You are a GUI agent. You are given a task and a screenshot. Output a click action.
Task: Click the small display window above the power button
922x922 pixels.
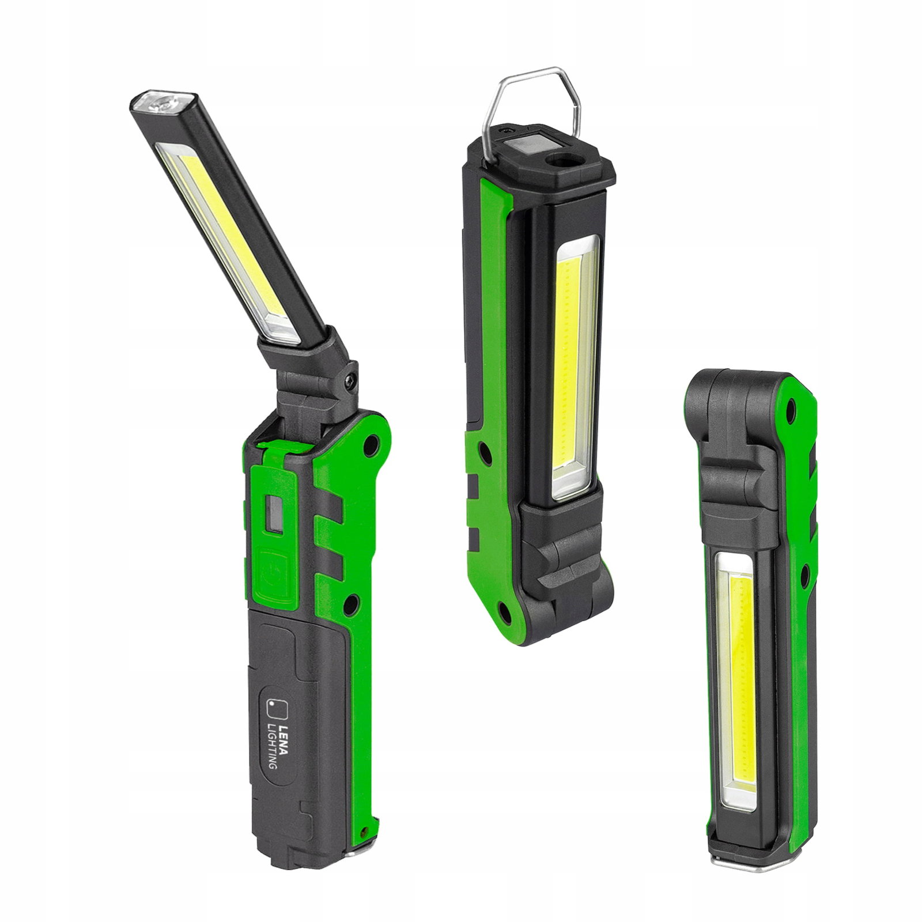pos(274,512)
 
